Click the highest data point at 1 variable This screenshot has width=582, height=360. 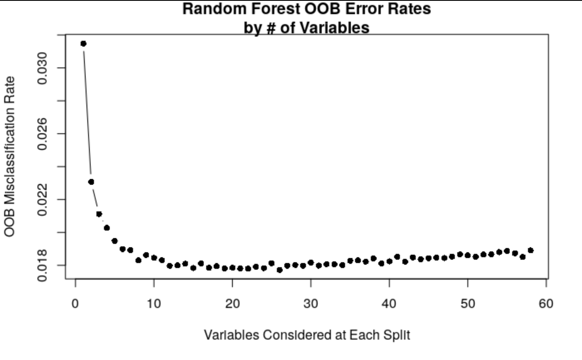coord(83,44)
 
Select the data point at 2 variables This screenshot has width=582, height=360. coord(91,182)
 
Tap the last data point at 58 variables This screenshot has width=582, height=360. coord(530,250)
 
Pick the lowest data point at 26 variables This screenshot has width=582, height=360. coord(279,270)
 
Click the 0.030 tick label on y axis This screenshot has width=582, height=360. coord(42,68)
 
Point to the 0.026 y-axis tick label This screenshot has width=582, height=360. coord(42,133)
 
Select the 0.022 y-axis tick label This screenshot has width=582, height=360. coord(42,200)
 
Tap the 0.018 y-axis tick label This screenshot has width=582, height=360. coord(42,265)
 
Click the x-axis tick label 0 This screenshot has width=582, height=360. coord(75,304)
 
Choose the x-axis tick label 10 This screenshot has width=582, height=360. coord(154,304)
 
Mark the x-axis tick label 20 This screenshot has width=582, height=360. coord(232,304)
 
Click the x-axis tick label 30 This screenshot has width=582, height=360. coord(311,304)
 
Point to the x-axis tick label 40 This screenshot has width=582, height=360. coord(389,304)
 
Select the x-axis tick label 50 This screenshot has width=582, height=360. coord(468,304)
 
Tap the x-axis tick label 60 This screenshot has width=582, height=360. coord(546,304)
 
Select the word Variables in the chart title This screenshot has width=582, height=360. coord(337,27)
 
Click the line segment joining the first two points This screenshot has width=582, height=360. coord(87,112)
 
